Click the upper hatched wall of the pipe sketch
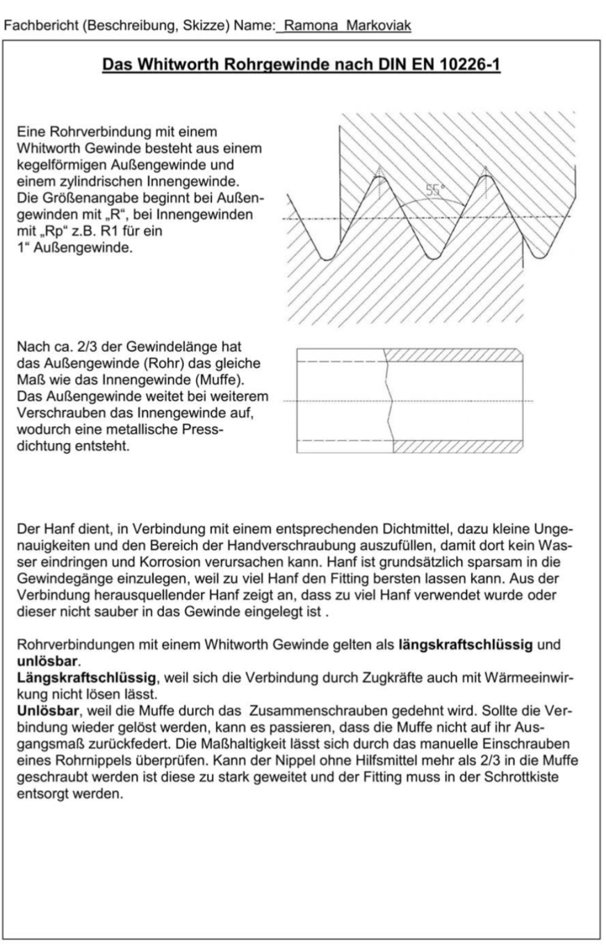(452, 355)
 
